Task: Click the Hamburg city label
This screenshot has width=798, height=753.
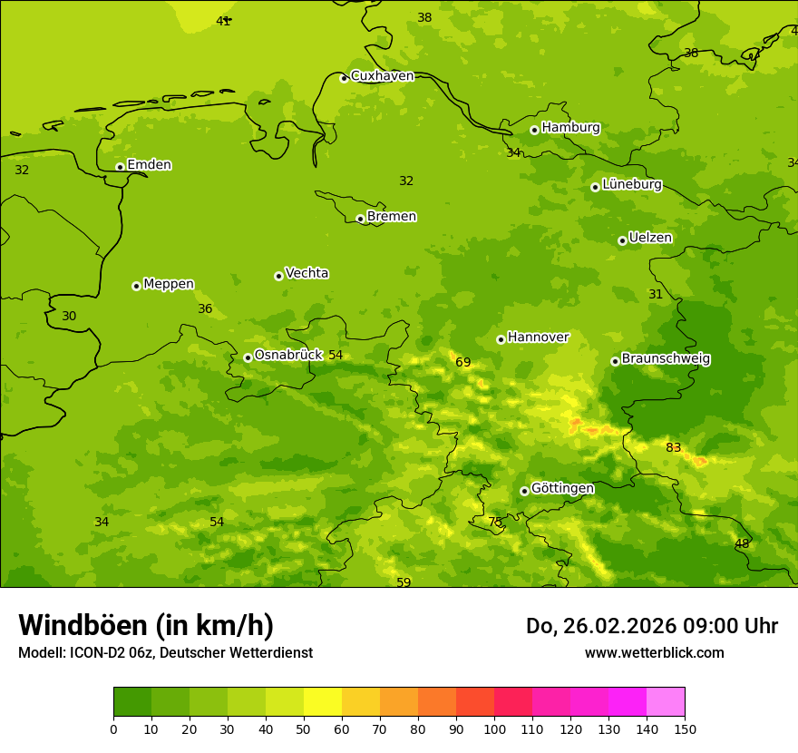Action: pos(570,128)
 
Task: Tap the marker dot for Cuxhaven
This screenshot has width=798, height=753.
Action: pos(344,78)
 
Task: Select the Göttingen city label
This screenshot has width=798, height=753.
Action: pos(562,489)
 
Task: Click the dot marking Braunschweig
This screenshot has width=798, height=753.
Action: pos(615,361)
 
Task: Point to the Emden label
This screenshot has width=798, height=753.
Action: pos(149,165)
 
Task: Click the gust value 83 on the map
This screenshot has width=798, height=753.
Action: pos(673,448)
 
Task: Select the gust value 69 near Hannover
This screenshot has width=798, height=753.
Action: pos(463,363)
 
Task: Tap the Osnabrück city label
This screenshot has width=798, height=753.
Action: pos(288,356)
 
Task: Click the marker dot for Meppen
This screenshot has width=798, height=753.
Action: pos(136,286)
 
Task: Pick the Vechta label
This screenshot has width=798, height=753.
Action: pos(307,274)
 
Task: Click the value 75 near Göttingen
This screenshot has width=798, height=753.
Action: pos(495,523)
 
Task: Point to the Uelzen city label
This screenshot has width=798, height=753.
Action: pos(650,239)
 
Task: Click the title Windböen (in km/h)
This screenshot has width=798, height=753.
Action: pos(146,626)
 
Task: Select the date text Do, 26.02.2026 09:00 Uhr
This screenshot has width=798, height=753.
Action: pos(651,626)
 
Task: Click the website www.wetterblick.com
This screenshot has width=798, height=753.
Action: pos(654,653)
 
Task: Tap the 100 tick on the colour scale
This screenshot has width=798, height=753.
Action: pos(494,729)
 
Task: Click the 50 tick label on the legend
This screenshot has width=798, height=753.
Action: pos(304,729)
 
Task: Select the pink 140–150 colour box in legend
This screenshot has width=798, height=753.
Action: pos(666,702)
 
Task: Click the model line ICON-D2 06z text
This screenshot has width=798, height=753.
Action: pos(165,653)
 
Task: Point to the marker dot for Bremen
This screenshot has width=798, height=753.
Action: pos(360,219)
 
